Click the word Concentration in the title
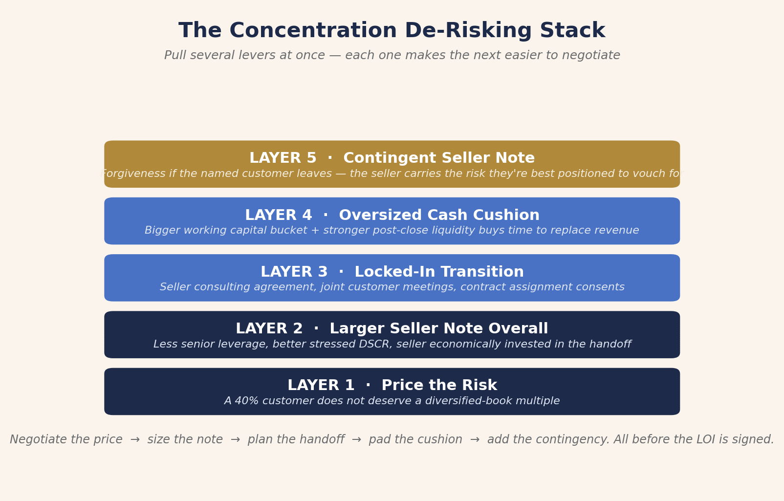pyautogui.click(x=313, y=30)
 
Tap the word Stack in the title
pyautogui.click(x=572, y=30)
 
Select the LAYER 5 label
pyautogui.click(x=283, y=158)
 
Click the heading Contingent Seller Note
pyautogui.click(x=439, y=158)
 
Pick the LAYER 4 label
pyautogui.click(x=278, y=215)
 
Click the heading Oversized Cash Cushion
pyautogui.click(x=439, y=215)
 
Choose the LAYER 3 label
pyautogui.click(x=294, y=272)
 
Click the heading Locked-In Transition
pyautogui.click(x=439, y=272)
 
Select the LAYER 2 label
pyautogui.click(x=269, y=329)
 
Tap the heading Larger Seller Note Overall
pyautogui.click(x=439, y=329)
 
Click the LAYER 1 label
pyautogui.click(x=321, y=386)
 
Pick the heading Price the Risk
pyautogui.click(x=439, y=386)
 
